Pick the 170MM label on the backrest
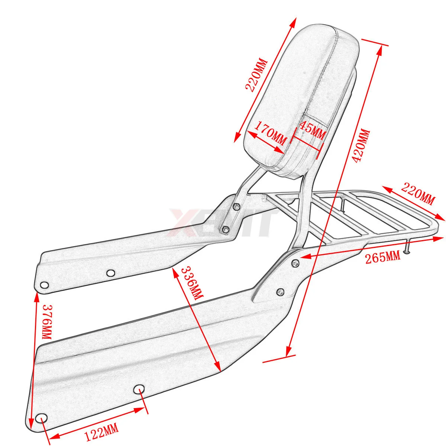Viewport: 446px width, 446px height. tap(269, 136)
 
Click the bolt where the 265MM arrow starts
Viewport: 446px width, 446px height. tap(295, 263)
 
